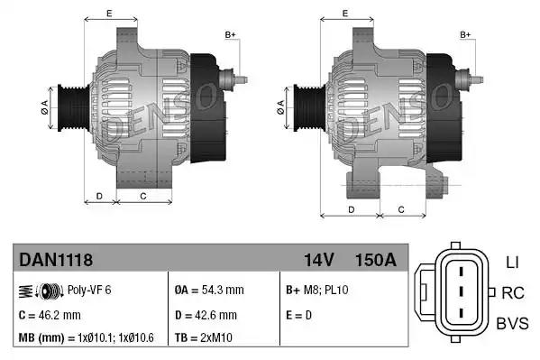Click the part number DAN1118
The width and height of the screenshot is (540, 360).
[x=56, y=260]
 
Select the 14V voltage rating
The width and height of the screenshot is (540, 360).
[x=319, y=260]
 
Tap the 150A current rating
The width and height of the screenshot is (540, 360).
[x=376, y=260]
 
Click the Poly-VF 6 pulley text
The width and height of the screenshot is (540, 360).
[x=89, y=290]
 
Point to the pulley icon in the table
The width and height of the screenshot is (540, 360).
[x=41, y=291]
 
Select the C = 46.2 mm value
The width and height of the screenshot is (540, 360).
[x=50, y=315]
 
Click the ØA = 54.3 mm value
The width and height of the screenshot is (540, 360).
[x=209, y=290]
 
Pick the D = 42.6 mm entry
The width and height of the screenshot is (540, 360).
[x=206, y=315]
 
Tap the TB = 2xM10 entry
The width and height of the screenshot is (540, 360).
[x=203, y=337]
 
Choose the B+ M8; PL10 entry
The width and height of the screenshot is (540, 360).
[x=316, y=290]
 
